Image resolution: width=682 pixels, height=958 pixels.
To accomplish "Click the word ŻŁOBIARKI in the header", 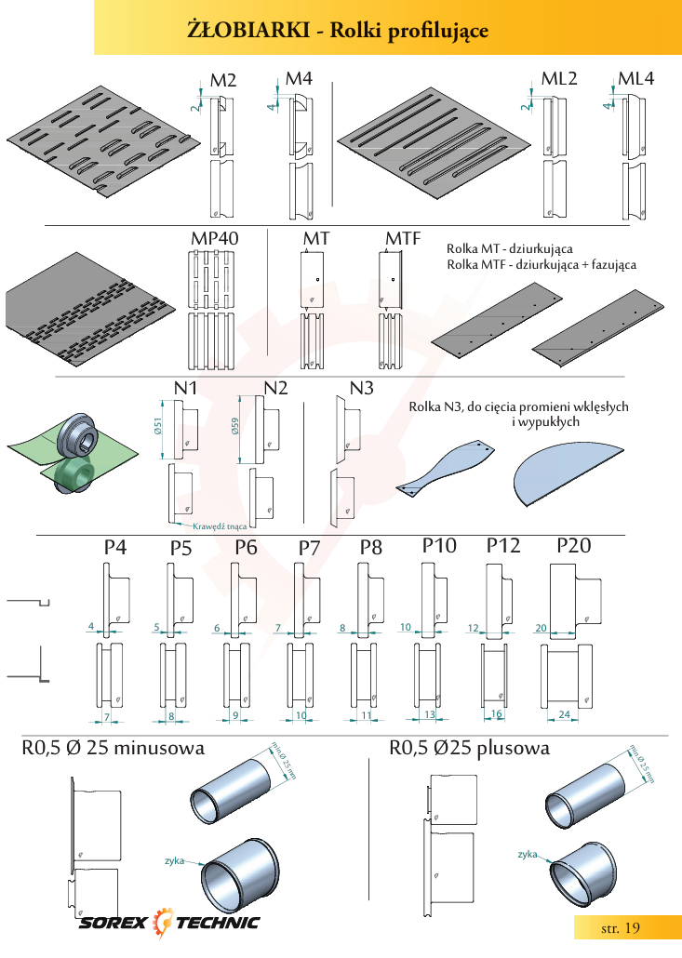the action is (248, 30).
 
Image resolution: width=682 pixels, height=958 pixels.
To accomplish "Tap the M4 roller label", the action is (299, 79).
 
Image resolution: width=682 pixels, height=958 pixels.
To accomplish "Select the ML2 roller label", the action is (559, 79).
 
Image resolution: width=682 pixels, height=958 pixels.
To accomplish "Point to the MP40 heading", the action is (215, 238).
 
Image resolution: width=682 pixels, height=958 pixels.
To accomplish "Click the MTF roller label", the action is (403, 238).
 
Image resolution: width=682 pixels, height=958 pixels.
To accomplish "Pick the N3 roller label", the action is (361, 388).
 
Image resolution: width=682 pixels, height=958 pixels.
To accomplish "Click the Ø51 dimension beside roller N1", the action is (157, 426).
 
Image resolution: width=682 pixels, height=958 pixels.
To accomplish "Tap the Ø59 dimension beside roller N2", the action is (235, 426).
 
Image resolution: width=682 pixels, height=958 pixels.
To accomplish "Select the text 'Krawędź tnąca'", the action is (220, 526).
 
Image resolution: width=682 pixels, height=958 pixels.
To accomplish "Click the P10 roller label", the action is (439, 546).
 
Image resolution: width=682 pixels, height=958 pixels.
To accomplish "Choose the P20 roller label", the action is (574, 546).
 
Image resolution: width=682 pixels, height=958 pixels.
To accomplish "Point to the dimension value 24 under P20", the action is (564, 714).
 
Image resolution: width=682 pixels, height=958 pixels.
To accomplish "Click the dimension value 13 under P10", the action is (430, 714).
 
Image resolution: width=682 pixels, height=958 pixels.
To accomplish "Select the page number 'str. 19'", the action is (621, 928).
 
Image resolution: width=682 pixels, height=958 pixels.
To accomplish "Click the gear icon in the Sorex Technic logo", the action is (162, 922).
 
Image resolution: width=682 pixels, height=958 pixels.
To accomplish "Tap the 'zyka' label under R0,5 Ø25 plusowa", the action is (528, 854).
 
